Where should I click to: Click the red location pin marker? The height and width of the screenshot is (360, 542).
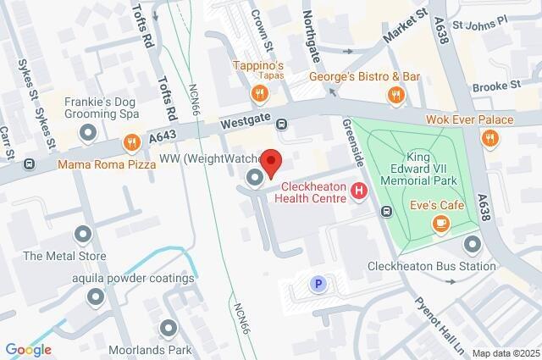[270, 162]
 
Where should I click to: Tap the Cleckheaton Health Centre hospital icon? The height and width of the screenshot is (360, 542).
[359, 192]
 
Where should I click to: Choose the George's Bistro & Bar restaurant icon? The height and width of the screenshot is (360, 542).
[393, 95]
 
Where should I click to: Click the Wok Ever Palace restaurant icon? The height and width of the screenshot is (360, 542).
[489, 138]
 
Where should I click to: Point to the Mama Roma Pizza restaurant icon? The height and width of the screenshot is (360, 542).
[130, 142]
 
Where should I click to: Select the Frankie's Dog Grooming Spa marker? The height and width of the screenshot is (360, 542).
[87, 132]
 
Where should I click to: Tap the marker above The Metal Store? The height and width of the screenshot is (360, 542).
[82, 234]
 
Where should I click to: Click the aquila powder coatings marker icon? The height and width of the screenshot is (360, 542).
[96, 296]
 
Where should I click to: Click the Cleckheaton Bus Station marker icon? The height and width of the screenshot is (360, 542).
[473, 244]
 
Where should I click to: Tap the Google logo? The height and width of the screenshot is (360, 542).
[28, 350]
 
